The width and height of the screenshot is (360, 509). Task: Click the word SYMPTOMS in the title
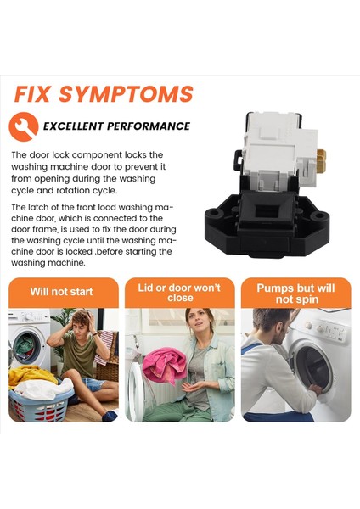click(126, 94)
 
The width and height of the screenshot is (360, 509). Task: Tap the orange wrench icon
click(24, 126)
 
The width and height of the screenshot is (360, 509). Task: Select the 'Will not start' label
click(61, 292)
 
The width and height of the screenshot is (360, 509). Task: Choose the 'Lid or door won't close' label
click(179, 293)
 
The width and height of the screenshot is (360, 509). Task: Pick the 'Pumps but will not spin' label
click(295, 294)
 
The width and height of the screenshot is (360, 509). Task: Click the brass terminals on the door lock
click(322, 161)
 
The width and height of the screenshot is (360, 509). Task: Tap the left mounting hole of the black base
click(214, 214)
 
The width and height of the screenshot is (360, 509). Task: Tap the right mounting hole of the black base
click(317, 216)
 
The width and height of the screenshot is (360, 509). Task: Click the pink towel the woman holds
click(165, 365)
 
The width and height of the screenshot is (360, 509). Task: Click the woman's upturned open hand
click(194, 386)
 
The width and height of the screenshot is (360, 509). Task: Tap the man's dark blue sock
click(110, 416)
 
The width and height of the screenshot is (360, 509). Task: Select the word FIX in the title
click(32, 94)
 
